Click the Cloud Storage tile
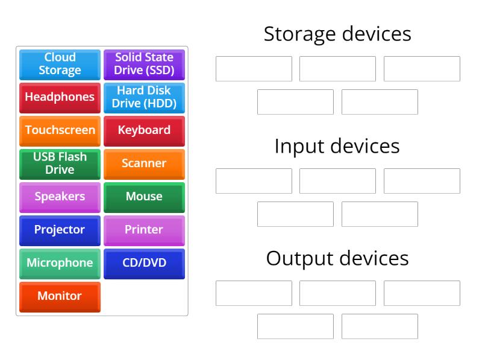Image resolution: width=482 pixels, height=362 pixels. (x=60, y=64)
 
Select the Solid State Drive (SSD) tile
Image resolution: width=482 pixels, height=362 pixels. (x=144, y=64)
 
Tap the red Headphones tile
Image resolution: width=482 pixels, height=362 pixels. (x=60, y=97)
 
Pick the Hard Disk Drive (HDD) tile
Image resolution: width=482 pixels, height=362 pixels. (x=144, y=97)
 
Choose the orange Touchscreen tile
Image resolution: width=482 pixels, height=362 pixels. (x=60, y=130)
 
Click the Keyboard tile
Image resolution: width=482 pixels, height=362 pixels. (x=144, y=130)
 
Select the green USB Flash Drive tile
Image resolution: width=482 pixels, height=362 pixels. (x=60, y=164)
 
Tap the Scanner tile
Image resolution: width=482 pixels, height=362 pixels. (x=144, y=164)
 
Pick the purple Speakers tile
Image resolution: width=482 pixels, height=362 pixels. (x=60, y=197)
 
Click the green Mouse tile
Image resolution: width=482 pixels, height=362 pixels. (x=144, y=197)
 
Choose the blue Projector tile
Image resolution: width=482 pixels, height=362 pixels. (x=60, y=230)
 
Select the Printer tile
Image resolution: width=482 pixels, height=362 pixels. (x=144, y=230)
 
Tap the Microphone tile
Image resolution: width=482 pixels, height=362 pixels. (x=60, y=263)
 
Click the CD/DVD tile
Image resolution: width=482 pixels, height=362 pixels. (x=144, y=263)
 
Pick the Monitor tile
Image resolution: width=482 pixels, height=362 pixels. (x=60, y=296)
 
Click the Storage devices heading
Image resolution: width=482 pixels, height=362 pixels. (x=337, y=34)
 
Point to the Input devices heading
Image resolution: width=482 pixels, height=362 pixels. (x=337, y=146)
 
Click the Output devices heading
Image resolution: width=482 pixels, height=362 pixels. (x=337, y=258)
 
